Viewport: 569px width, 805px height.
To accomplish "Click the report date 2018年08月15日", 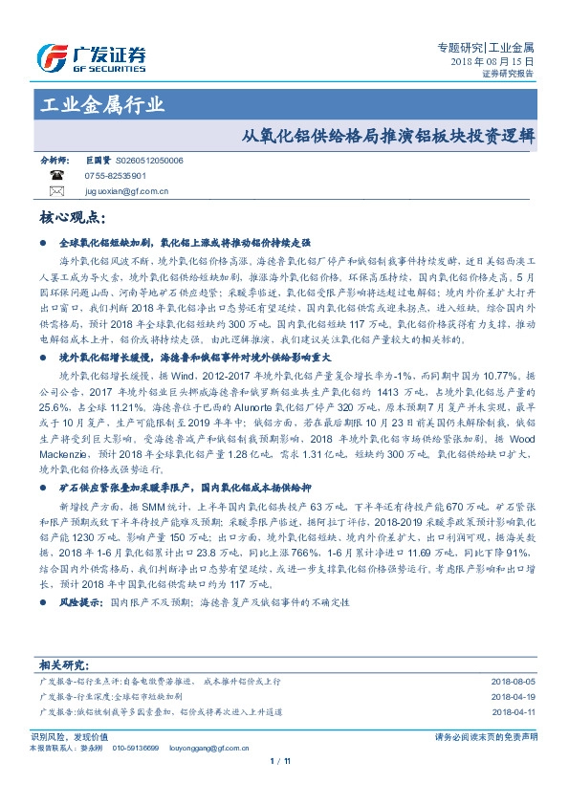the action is coord(492,60).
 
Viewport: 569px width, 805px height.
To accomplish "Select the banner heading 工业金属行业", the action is coord(103,104).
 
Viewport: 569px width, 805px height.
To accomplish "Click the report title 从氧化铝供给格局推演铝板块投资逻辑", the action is coord(386,136).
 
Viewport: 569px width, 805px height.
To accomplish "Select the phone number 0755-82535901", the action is coord(116,177).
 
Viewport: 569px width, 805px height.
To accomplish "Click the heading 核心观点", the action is coord(72,219).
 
